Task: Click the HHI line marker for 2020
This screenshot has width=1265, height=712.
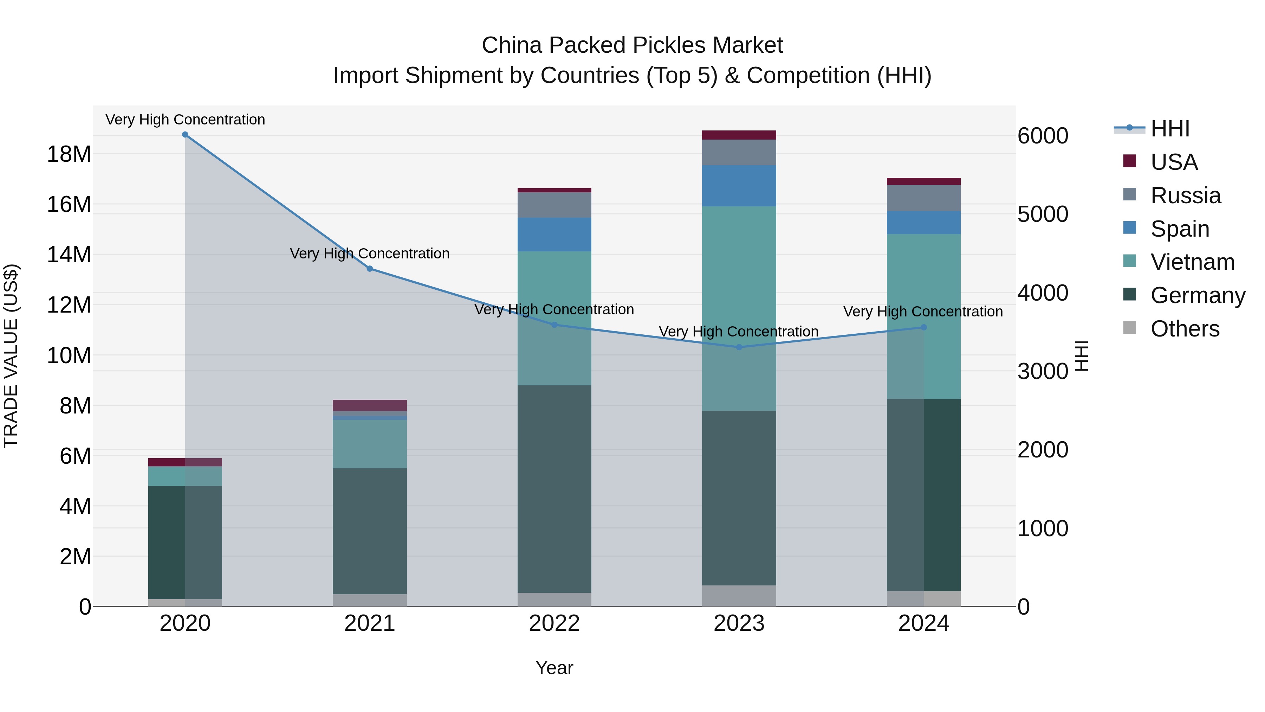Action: tap(185, 135)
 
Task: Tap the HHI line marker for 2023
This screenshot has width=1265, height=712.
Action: tap(739, 347)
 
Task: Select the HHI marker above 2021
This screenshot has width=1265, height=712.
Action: tap(370, 269)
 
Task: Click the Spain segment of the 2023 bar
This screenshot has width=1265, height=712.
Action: tap(739, 186)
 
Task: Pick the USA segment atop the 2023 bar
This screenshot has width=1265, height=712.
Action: tap(739, 135)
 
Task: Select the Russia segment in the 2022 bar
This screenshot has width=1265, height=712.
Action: tap(554, 205)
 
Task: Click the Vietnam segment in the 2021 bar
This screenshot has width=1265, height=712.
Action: tap(370, 444)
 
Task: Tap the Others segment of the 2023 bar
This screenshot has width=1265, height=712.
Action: tap(739, 596)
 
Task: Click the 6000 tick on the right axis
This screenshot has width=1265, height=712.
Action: tap(1043, 136)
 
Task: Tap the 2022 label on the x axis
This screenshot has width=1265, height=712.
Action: tap(554, 623)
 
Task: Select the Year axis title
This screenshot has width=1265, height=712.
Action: tap(554, 668)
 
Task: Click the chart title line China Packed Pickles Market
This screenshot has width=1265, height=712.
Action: tap(632, 45)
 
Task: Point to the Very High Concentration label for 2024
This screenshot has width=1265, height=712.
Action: tap(923, 312)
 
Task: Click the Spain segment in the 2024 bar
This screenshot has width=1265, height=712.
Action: tap(923, 223)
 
